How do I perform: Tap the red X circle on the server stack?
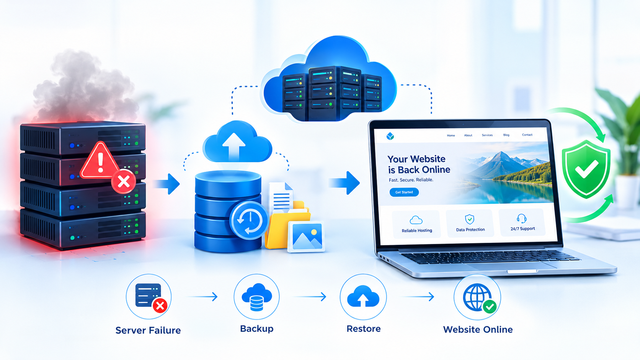tap(124, 182)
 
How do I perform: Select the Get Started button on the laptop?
tap(404, 192)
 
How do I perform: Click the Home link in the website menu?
tap(451, 135)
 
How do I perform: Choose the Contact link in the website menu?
tap(527, 135)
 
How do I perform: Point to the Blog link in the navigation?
tap(506, 135)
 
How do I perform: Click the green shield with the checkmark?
tap(586, 169)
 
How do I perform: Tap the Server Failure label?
tap(148, 330)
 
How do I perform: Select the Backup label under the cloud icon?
tap(256, 329)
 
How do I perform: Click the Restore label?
tap(363, 329)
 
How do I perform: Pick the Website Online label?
tap(478, 329)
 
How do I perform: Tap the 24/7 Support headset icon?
tap(522, 219)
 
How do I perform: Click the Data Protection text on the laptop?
tap(470, 230)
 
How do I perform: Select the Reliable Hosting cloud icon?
tap(416, 220)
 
